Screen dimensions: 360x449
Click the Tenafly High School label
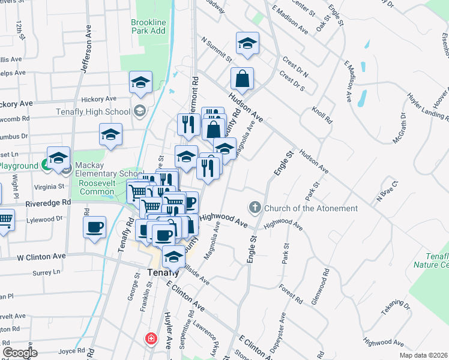93,112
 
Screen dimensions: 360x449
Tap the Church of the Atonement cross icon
255,208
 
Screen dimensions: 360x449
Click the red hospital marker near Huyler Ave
150,338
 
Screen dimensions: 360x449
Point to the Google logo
20,353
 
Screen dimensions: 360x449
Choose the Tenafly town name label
163,271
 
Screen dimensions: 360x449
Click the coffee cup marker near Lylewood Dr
95,228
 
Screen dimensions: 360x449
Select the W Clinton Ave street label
41,256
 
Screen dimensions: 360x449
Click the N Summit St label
217,50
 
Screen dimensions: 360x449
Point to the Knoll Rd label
322,115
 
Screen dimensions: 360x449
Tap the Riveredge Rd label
47,203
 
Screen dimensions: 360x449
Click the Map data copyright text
424,355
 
